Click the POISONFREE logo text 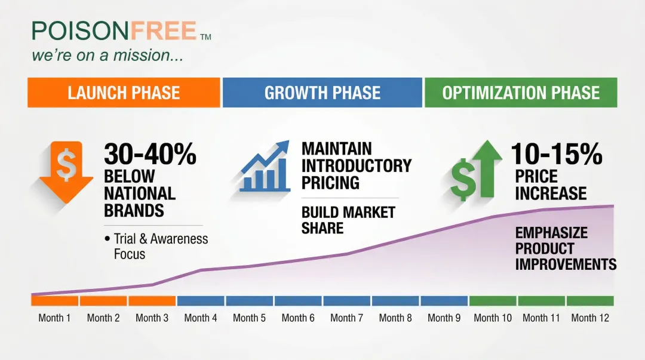click(x=114, y=30)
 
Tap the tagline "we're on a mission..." click(x=107, y=56)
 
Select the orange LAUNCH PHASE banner click(x=124, y=93)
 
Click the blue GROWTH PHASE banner click(x=322, y=93)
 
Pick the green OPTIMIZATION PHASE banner click(x=520, y=93)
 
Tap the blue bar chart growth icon click(x=264, y=167)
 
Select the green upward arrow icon click(x=477, y=170)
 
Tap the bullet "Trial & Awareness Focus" click(x=156, y=246)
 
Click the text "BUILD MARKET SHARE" click(x=348, y=220)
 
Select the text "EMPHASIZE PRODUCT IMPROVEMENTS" click(x=565, y=248)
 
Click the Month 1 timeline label click(x=54, y=318)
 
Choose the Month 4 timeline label click(x=201, y=318)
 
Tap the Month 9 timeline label click(x=444, y=318)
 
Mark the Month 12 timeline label click(x=590, y=318)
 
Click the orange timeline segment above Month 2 click(x=103, y=301)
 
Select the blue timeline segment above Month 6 click(x=298, y=301)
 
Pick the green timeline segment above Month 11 click(x=541, y=301)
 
